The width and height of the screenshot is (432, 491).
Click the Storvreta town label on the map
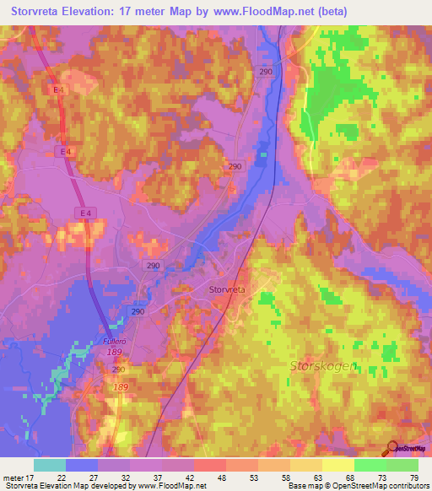coord(227,289)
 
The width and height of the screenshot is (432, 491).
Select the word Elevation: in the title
coord(103,11)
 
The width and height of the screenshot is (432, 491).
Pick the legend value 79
coord(414,477)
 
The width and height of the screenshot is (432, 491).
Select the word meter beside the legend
coord(16,477)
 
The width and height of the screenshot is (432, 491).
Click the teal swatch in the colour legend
coord(49,465)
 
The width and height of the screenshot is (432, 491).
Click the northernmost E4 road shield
coord(58,89)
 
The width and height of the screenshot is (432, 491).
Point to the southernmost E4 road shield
coord(86,212)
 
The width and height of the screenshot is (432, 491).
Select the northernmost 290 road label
coord(267,73)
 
